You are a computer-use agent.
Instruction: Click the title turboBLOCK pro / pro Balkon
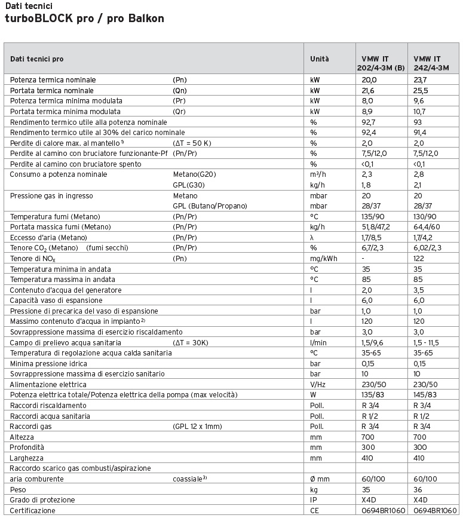(x=84, y=19)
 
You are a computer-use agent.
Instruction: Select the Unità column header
(x=320, y=59)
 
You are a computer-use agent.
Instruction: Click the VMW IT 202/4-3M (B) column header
(x=380, y=63)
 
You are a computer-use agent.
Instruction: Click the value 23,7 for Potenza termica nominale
(x=420, y=80)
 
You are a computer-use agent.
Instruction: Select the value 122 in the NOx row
(x=418, y=259)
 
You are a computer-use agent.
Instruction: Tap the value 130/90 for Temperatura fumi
(x=425, y=216)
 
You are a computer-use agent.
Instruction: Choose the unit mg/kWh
(x=323, y=259)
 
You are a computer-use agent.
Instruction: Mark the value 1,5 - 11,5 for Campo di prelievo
(x=430, y=342)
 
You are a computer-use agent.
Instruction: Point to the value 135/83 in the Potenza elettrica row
(x=374, y=395)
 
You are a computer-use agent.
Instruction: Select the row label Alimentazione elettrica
(x=48, y=384)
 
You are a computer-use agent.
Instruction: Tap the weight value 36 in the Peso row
(x=418, y=489)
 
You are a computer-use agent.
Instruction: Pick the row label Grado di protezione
(x=42, y=499)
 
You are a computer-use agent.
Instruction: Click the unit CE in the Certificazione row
(x=315, y=511)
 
